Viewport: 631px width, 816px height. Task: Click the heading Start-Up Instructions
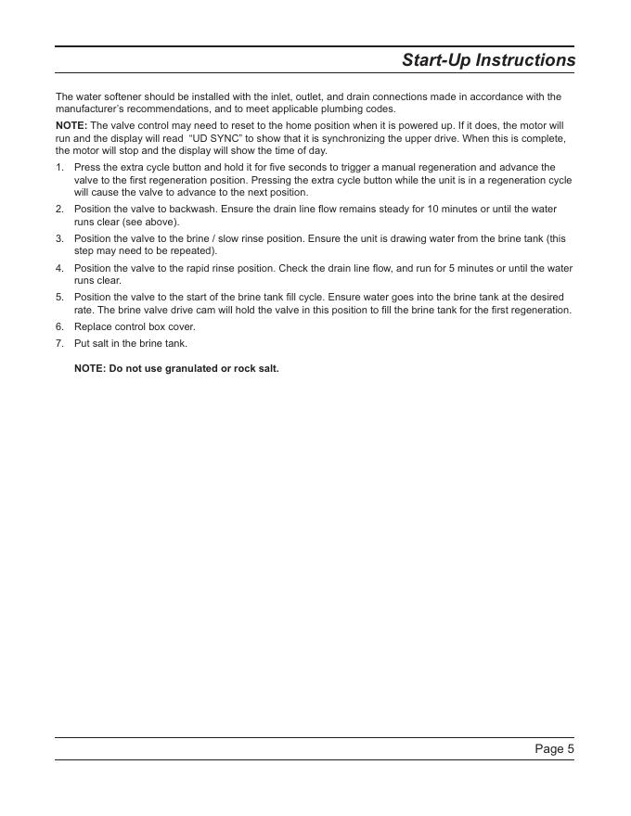488,60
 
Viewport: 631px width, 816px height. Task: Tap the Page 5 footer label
554,748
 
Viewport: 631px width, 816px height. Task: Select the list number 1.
58,167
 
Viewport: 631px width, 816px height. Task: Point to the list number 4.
58,268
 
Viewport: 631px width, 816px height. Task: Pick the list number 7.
58,343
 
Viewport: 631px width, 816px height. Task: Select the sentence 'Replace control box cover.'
135,326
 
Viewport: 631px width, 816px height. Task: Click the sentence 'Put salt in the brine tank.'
131,343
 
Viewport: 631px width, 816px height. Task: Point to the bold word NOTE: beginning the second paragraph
71,125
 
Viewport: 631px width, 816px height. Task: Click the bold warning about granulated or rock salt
176,368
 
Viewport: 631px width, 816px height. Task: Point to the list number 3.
58,238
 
